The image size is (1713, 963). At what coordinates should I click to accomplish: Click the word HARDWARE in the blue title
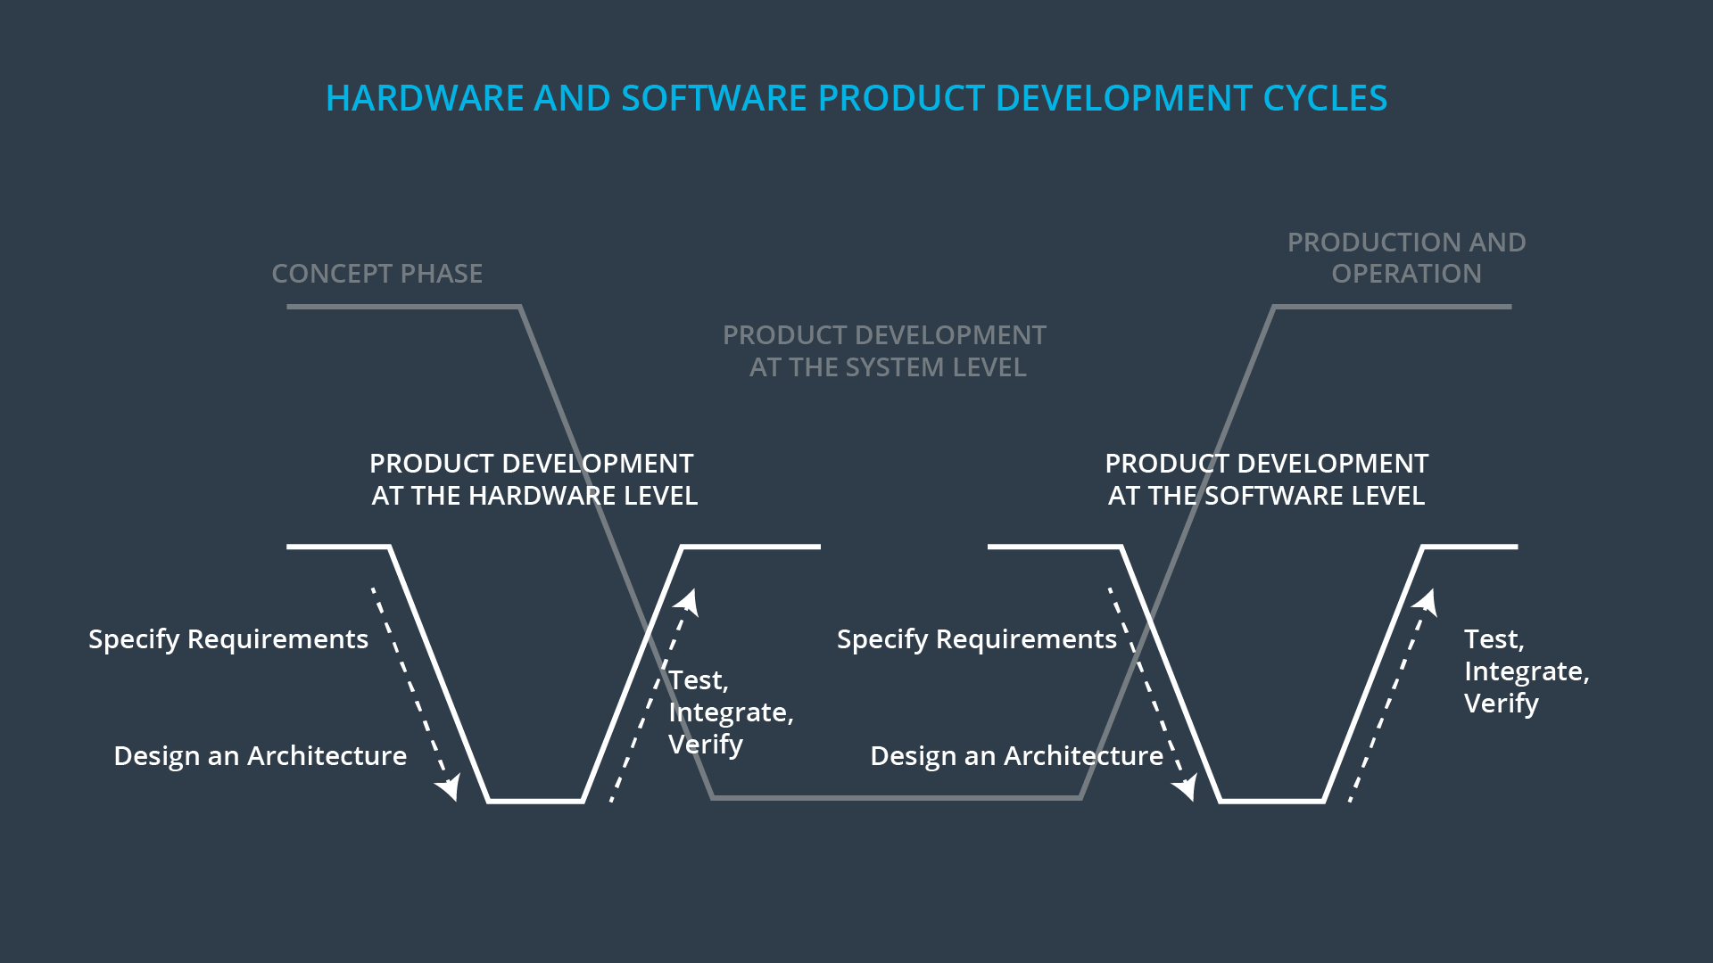click(424, 98)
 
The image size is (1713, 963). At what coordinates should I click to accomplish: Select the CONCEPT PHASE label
click(377, 274)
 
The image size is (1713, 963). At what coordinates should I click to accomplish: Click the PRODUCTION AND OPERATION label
click(1406, 258)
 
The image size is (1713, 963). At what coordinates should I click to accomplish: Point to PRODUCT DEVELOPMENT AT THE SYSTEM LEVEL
click(885, 351)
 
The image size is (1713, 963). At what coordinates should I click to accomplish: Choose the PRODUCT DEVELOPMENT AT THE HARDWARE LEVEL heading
click(534, 480)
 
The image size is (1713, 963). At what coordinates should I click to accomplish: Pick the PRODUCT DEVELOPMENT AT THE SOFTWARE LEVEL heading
click(1266, 480)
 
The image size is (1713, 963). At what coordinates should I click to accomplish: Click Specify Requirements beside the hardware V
click(228, 639)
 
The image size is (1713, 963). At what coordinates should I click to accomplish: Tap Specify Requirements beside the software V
click(976, 639)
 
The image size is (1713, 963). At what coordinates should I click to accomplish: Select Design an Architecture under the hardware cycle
click(260, 756)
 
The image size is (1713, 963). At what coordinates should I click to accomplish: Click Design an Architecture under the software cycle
click(1016, 756)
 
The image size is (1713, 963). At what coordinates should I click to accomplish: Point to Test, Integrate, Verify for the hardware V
click(730, 712)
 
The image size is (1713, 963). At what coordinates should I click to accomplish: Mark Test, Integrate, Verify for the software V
click(1526, 671)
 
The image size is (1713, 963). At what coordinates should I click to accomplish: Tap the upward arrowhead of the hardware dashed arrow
click(688, 601)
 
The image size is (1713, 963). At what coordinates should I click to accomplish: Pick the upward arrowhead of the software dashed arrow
click(1427, 601)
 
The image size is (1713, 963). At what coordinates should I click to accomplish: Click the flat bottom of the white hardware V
click(535, 801)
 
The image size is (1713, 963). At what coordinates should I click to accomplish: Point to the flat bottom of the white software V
click(1271, 801)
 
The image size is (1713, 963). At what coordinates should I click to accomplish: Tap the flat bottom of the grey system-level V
click(897, 797)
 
